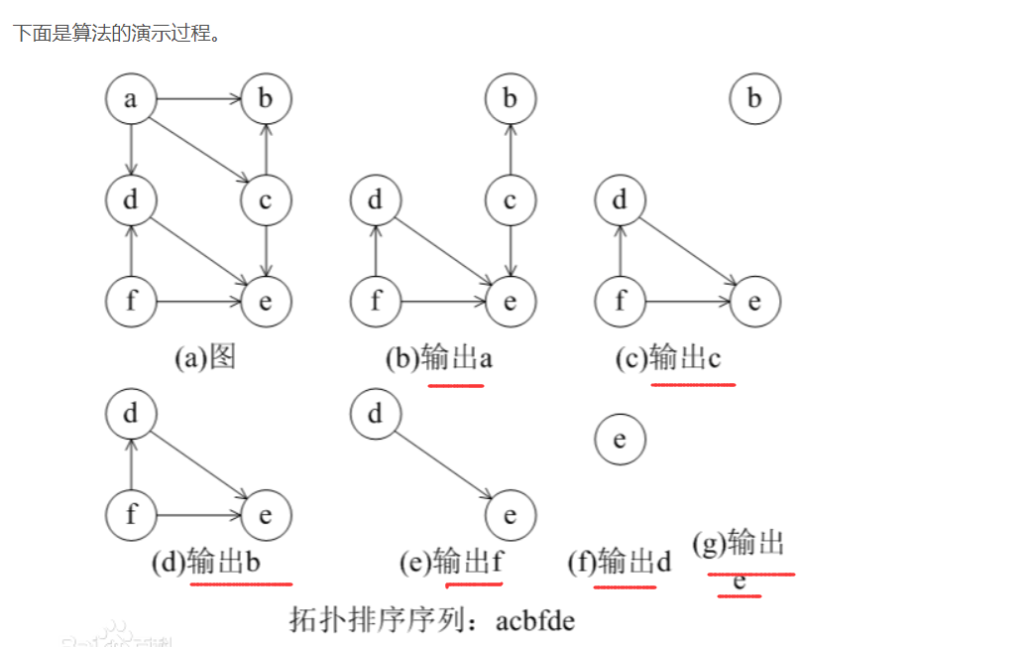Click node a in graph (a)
pos(131,99)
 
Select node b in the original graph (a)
pos(266,99)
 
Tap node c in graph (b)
pos(510,201)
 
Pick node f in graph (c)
pos(620,301)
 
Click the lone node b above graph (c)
pos(754,99)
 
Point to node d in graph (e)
pos(375,414)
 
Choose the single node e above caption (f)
pos(620,439)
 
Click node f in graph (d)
pos(131,515)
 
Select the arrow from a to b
pos(198,99)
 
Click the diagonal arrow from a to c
pos(198,150)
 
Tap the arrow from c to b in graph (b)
pos(510,150)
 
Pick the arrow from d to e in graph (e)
pos(442,464)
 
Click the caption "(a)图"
pos(205,357)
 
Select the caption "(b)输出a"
pos(438,357)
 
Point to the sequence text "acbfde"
pos(535,621)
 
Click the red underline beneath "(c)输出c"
pos(693,383)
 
